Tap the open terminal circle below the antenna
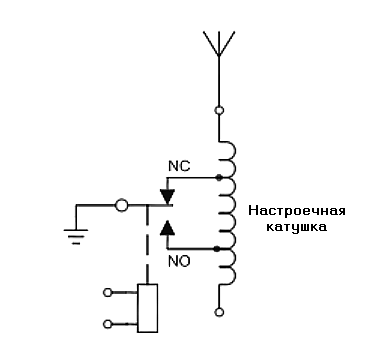click(219, 110)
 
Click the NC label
click(179, 166)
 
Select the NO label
click(179, 262)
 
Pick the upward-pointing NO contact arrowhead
click(167, 228)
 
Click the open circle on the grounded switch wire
click(121, 205)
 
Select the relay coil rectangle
click(148, 308)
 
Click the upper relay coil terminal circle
click(108, 293)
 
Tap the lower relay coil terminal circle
click(108, 324)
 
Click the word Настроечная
click(297, 211)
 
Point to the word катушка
click(296, 227)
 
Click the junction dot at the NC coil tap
click(219, 178)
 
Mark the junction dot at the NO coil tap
click(217, 249)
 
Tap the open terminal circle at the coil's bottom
click(219, 312)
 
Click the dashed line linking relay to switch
click(148, 245)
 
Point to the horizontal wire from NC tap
click(193, 178)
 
